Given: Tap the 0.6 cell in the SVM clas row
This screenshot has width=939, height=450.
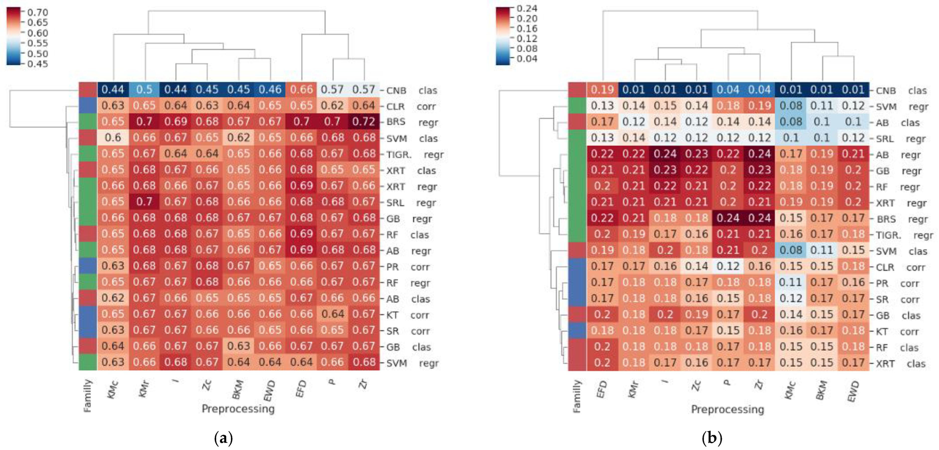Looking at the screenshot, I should pyautogui.click(x=113, y=137).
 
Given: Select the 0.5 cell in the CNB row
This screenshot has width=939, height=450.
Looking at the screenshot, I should pyautogui.click(x=144, y=90).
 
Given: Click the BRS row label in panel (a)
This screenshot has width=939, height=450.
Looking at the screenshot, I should pyautogui.click(x=395, y=122).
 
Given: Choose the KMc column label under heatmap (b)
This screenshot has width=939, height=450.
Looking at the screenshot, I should pyautogui.click(x=790, y=390).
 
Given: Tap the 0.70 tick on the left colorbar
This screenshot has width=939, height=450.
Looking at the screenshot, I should pyautogui.click(x=38, y=12).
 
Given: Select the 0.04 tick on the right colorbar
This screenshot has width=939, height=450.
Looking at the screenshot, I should pyautogui.click(x=527, y=59).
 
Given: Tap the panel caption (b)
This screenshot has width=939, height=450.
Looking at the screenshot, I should pyautogui.click(x=712, y=438).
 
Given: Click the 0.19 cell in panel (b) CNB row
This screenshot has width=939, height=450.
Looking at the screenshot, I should pyautogui.click(x=602, y=90).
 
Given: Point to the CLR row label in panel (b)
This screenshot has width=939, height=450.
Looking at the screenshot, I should pyautogui.click(x=885, y=267).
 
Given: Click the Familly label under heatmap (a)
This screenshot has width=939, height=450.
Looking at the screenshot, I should pyautogui.click(x=87, y=395).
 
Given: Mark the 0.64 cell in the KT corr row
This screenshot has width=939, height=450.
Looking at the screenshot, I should pyautogui.click(x=332, y=314).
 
